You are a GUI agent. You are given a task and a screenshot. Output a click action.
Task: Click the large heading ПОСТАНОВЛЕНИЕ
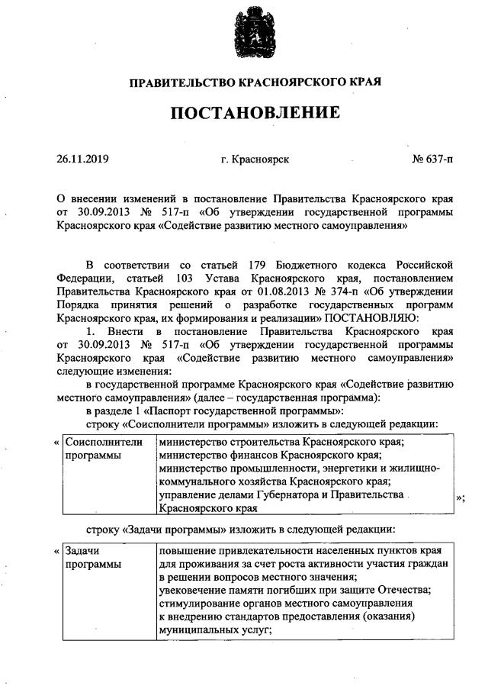(x=255, y=114)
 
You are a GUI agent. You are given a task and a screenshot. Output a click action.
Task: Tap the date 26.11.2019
(x=83, y=159)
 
